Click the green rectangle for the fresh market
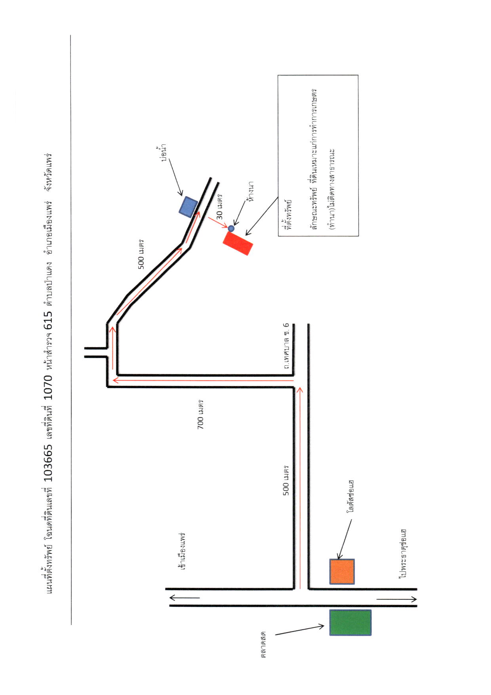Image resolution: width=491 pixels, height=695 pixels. (350, 623)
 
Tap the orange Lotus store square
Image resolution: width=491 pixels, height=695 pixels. (342, 572)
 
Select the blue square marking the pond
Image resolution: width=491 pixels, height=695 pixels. (188, 207)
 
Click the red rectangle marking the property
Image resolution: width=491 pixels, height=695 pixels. (238, 243)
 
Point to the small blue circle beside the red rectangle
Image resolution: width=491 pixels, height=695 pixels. (231, 228)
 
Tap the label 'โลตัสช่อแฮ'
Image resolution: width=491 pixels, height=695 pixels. (350, 497)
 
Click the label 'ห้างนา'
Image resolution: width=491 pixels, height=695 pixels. (250, 191)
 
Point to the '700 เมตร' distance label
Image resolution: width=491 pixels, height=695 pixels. (200, 414)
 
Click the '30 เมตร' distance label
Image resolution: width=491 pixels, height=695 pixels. (219, 206)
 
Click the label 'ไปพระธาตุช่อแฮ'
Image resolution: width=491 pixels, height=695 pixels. (403, 554)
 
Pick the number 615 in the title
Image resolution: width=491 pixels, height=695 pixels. (48, 320)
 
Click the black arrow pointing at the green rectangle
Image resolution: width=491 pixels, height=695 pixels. (300, 630)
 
